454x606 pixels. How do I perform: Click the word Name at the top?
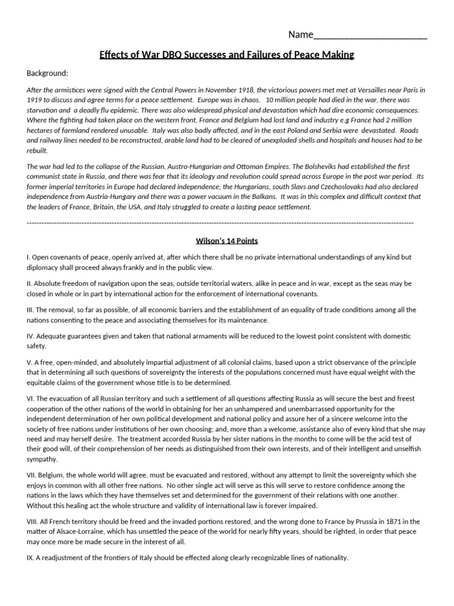coord(300,34)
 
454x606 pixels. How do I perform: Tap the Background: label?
coord(47,73)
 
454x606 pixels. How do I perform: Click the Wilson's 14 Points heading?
coord(227,241)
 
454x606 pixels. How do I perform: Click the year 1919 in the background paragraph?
coord(35,100)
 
